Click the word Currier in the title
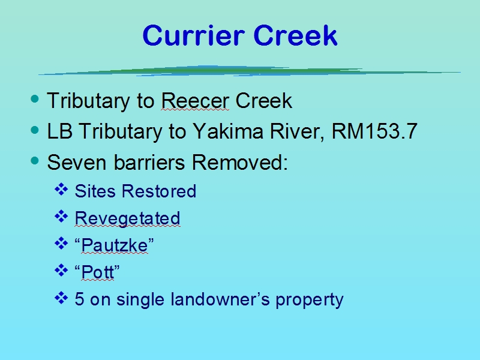click(x=193, y=35)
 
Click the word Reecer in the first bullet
click(x=195, y=100)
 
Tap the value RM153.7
click(x=374, y=131)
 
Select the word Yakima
click(x=228, y=131)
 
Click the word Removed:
click(x=239, y=162)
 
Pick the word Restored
click(x=159, y=191)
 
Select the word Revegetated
click(x=127, y=218)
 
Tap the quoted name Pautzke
click(x=114, y=245)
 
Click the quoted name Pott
click(x=97, y=272)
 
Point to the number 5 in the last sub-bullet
click(x=79, y=299)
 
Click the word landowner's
click(x=220, y=299)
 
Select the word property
click(x=310, y=300)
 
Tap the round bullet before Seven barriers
click(x=35, y=160)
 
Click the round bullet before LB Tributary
click(x=35, y=130)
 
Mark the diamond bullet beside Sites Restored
click(x=61, y=190)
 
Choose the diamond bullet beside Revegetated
click(x=61, y=217)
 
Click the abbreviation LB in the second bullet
click(x=59, y=131)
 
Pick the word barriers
click(x=149, y=162)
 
